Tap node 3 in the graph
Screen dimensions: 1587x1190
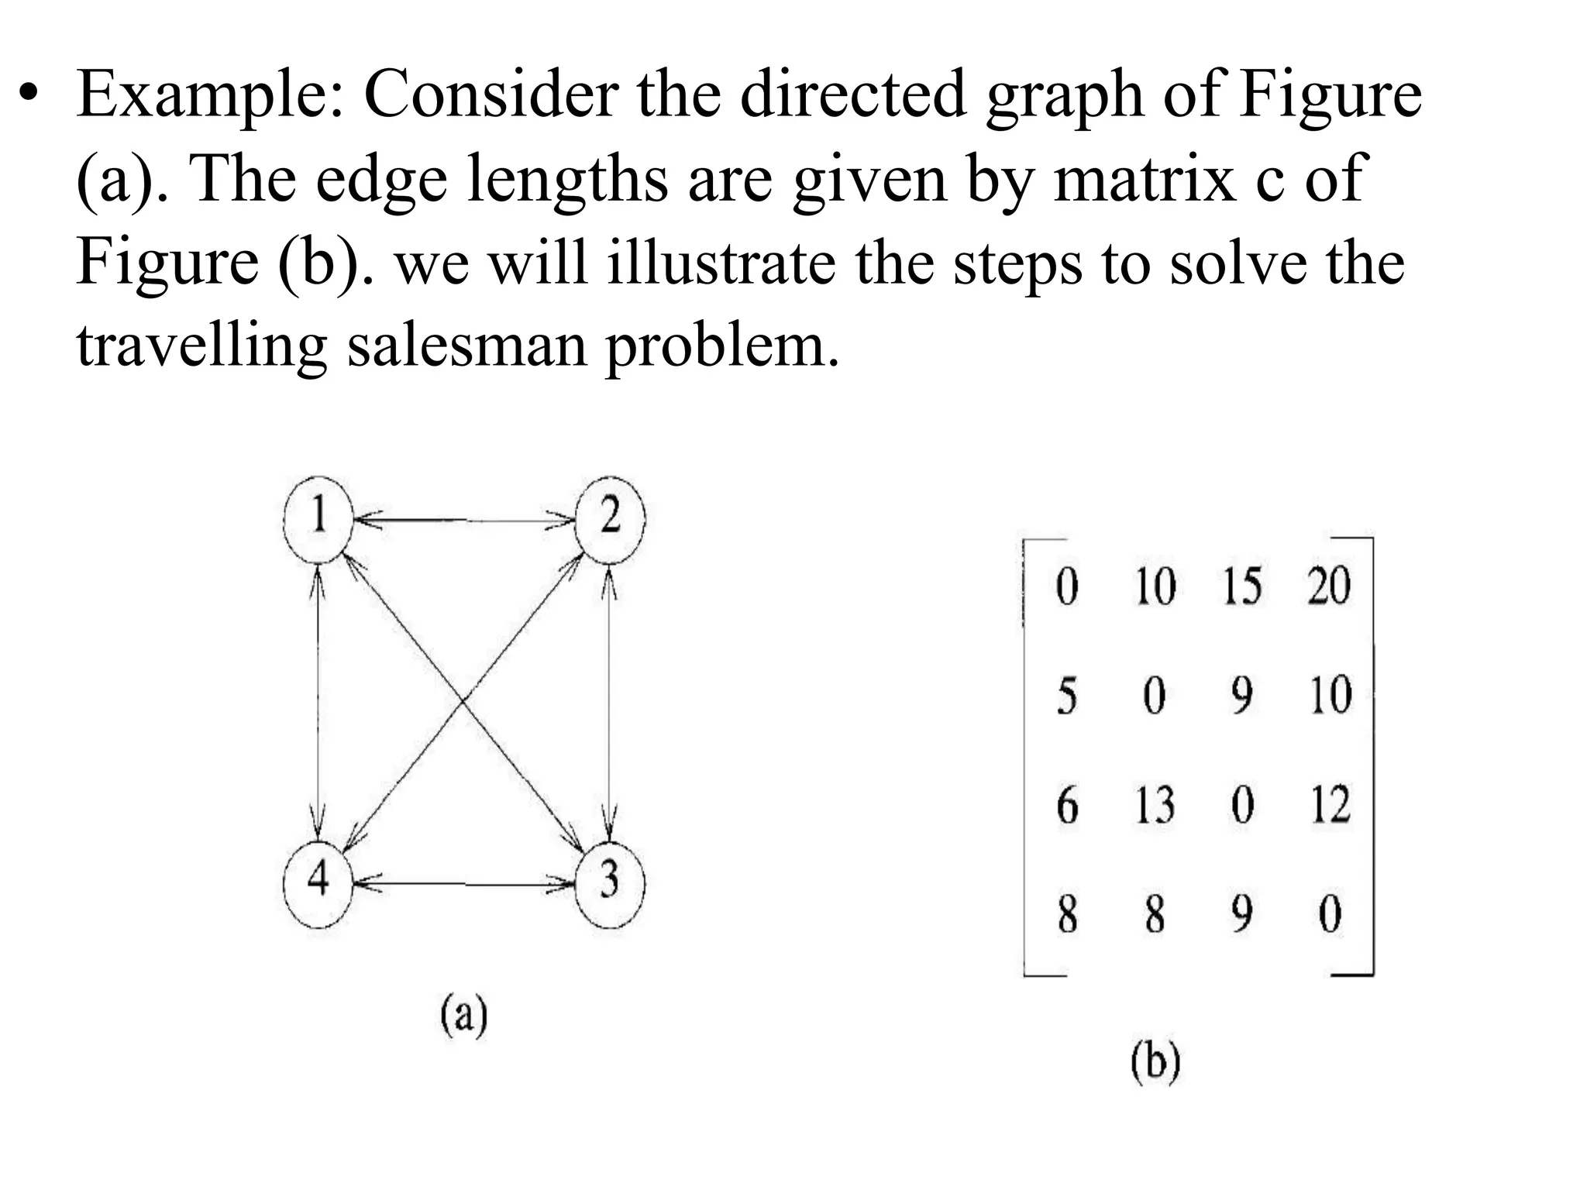610,882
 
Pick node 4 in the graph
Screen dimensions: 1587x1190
318,882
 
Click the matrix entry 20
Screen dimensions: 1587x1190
1328,586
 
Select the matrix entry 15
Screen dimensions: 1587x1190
1242,586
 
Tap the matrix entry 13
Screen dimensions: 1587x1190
1155,805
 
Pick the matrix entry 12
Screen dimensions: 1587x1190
1330,805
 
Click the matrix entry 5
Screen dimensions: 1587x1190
1067,695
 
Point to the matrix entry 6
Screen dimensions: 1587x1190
1067,805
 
